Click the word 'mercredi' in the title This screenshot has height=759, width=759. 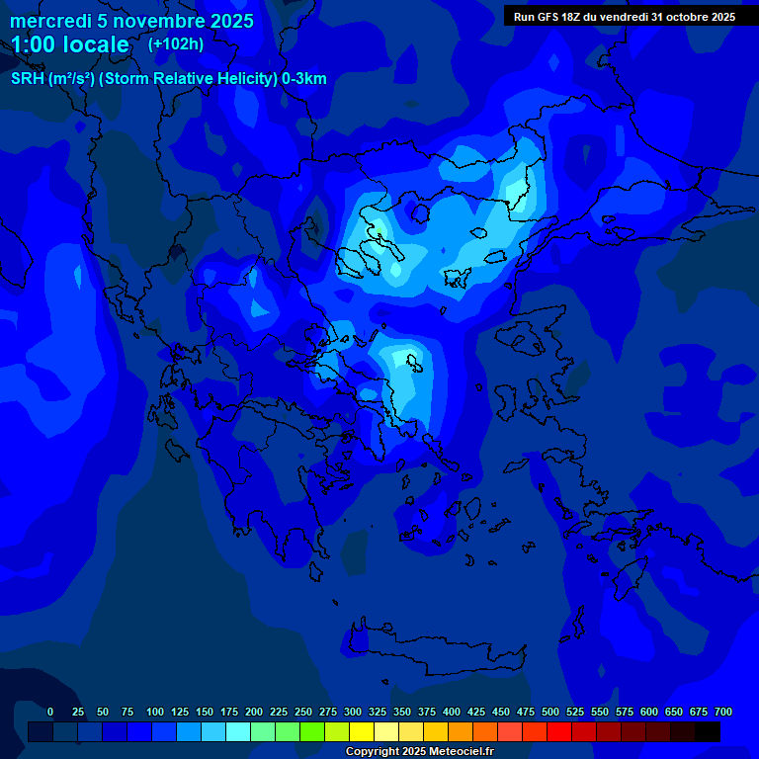point(50,21)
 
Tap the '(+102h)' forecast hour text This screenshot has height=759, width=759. point(175,43)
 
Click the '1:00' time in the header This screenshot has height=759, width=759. point(32,44)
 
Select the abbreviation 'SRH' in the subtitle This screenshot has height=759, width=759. point(28,79)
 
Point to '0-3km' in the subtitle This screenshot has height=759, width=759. point(304,79)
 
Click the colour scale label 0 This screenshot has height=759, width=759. point(50,712)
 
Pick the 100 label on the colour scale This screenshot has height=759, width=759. point(155,712)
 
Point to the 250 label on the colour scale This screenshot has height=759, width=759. point(303,712)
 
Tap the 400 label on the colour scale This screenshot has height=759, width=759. point(452,712)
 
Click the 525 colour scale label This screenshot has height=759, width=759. point(575,712)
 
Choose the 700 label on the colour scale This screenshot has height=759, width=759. point(722,712)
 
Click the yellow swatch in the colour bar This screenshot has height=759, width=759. point(362,731)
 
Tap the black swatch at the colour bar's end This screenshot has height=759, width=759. point(708,731)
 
